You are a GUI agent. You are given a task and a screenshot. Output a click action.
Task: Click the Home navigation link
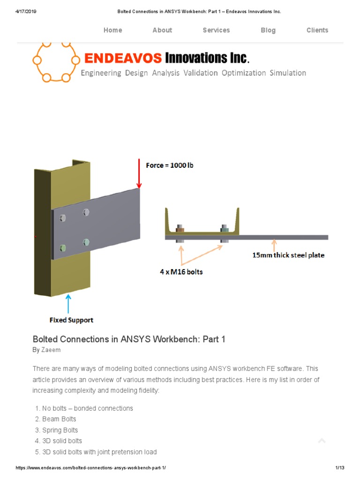point(112,30)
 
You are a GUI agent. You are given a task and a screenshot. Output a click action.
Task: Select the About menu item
point(162,30)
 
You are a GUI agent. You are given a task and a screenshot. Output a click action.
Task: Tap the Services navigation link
point(216,30)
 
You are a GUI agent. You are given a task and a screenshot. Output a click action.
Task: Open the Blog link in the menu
point(268,30)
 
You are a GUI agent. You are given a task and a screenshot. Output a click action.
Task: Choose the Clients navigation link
point(317,30)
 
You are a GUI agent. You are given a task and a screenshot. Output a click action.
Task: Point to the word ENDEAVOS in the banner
point(123,59)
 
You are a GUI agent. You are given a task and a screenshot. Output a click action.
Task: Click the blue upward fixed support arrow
point(69,303)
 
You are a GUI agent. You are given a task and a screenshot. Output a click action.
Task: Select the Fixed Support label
point(71,320)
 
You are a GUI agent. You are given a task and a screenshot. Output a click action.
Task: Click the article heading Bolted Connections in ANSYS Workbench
point(129,339)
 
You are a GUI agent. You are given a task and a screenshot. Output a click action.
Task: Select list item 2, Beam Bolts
point(59,419)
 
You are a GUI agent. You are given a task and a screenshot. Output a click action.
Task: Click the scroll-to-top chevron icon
point(322,441)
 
